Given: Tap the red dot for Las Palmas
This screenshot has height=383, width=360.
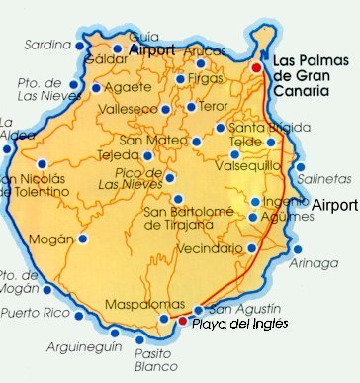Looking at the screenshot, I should pos(256,67).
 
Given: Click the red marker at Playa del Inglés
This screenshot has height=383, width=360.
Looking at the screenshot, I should pos(181,321).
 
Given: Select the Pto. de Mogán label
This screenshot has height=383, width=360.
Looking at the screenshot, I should pos(19,281).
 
